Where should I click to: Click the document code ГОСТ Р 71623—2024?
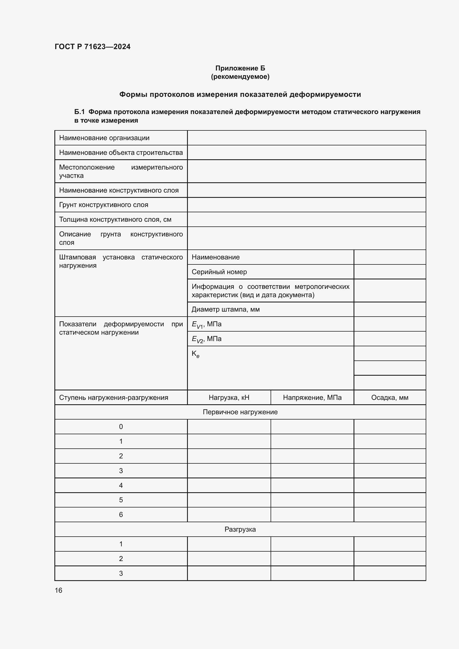92,47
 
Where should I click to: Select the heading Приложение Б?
240,68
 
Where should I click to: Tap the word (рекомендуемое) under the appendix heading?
240,77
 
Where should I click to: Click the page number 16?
59,590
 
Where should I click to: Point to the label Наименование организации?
104,138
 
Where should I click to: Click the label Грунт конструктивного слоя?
104,205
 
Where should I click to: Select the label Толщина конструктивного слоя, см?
115,219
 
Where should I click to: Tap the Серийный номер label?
219,272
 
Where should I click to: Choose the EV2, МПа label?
206,339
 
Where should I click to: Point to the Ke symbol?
195,354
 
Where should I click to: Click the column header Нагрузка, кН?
229,397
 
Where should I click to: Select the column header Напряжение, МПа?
312,397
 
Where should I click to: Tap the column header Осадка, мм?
389,397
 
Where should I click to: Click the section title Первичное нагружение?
240,412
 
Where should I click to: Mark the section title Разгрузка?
240,529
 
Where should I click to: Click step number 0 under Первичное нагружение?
121,426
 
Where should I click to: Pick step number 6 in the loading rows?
121,514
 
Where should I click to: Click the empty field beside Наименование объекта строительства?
306,153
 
